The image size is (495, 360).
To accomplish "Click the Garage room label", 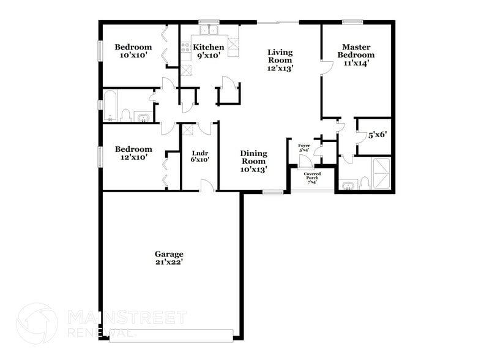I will [x=169, y=253].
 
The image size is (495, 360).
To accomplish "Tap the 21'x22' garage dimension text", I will [x=169, y=262].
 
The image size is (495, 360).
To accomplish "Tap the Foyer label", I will [x=304, y=145].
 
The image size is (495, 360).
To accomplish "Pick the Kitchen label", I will [x=209, y=47].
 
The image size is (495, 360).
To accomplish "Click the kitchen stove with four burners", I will [x=186, y=47].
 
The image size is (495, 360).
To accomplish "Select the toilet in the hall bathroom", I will [x=126, y=115].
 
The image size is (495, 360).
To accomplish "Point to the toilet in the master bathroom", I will [x=365, y=183].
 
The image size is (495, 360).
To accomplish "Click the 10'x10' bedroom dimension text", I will [x=133, y=56].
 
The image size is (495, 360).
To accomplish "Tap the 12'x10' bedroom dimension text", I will [x=133, y=157].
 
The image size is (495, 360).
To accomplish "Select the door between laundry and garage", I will [x=207, y=186].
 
